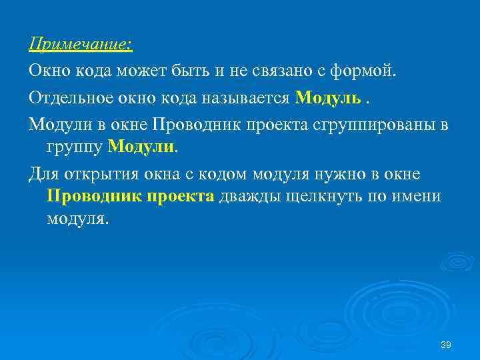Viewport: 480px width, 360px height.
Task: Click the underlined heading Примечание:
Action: [81, 44]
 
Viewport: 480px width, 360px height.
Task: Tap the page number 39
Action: [447, 344]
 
